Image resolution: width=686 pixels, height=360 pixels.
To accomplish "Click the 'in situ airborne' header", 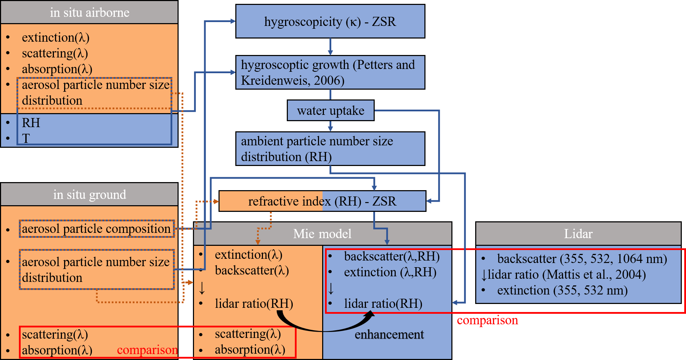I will click(89, 13).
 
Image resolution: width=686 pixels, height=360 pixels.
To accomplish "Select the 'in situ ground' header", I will click(89, 194).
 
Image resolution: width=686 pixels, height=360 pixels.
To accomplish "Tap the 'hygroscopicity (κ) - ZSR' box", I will click(330, 22).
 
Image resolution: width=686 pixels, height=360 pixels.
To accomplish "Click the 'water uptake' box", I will click(330, 111).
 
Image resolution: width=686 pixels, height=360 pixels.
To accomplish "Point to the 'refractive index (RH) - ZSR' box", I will click(322, 201).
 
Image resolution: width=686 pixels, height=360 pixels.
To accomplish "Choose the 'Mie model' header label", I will click(322, 234).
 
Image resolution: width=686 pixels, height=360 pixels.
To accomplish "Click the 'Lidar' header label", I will click(578, 234).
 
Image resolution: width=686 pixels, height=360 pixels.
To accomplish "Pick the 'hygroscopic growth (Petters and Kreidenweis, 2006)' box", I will click(330, 72).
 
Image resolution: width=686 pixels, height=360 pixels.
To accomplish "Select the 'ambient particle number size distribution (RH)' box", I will click(330, 149).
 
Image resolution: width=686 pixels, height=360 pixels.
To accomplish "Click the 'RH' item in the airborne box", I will click(31, 123).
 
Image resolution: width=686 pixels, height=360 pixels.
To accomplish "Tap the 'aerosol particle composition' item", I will click(96, 229).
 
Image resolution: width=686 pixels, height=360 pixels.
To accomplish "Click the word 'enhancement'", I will click(389, 334).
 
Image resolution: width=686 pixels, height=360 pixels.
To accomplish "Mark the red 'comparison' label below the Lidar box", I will click(487, 320).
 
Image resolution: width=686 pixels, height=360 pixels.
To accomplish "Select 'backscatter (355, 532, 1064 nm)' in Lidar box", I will click(582, 259).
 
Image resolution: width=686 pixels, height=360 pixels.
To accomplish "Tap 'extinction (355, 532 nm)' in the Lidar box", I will click(562, 290).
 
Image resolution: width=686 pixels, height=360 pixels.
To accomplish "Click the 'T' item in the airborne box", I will click(26, 139).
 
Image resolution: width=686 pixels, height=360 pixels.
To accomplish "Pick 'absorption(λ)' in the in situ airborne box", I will click(57, 69).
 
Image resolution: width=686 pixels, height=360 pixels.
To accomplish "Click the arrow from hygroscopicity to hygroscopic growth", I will click(330, 47).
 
